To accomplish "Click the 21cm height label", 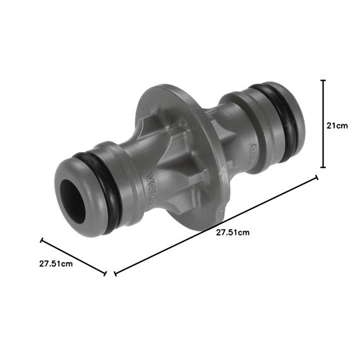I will click(337, 126).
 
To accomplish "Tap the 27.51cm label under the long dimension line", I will click(232, 232).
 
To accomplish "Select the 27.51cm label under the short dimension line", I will click(56, 263).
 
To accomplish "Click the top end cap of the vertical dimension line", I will click(323, 80).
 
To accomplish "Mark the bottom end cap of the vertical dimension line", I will click(323, 167).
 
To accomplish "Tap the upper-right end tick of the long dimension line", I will click(316, 179).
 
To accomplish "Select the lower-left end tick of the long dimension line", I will click(115, 273).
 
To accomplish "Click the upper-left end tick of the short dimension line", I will click(42, 240).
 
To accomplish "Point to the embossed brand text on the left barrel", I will click(150, 189).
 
